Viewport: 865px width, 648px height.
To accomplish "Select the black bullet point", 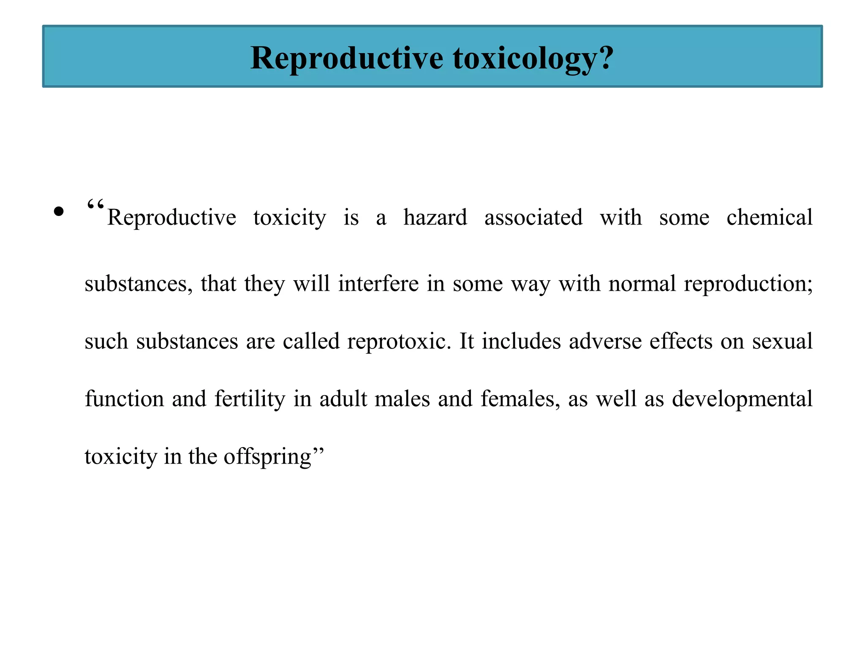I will (59, 211).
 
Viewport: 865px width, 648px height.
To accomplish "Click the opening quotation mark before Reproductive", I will (95, 206).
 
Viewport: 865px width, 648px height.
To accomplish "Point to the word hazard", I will (435, 218).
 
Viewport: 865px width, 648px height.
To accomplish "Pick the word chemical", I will (769, 218).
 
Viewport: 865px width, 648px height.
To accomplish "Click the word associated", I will (533, 218).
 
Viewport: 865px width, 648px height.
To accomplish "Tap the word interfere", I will (378, 283).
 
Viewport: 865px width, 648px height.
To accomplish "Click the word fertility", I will (250, 399).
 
